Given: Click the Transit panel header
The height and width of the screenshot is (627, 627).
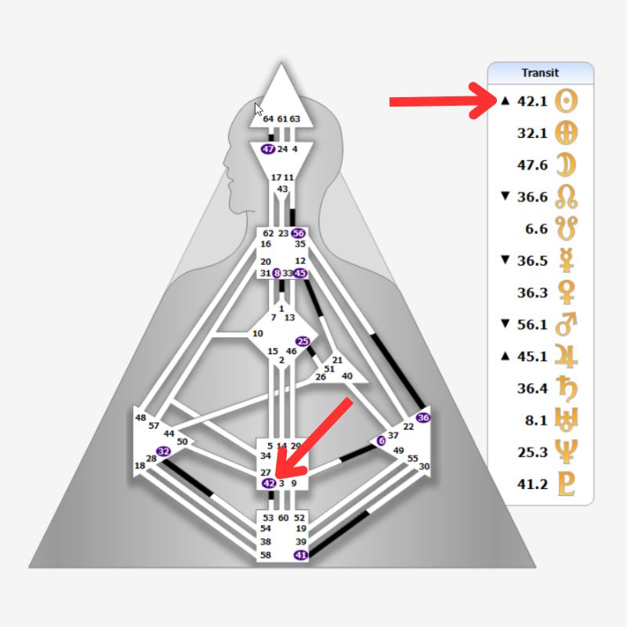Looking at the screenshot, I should [540, 73].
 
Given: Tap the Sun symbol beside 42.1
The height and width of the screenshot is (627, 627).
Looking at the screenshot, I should [567, 101].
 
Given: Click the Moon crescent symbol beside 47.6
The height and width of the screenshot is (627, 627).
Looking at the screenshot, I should [567, 165].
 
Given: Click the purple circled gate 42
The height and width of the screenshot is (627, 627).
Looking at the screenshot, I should [268, 484].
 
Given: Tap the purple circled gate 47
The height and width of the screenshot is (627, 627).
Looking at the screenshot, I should [268, 149].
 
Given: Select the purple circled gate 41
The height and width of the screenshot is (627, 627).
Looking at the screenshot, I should [301, 555].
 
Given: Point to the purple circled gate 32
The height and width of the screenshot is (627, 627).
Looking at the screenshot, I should [163, 451].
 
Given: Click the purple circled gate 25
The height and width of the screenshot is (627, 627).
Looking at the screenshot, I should [303, 341].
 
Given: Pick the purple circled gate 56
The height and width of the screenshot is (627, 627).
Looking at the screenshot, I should [298, 234].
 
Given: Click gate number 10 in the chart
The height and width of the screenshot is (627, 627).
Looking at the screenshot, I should [257, 334].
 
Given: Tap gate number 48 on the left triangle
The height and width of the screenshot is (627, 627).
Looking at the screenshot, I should [141, 418].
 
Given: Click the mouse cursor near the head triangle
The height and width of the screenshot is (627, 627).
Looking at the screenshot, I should [259, 109].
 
